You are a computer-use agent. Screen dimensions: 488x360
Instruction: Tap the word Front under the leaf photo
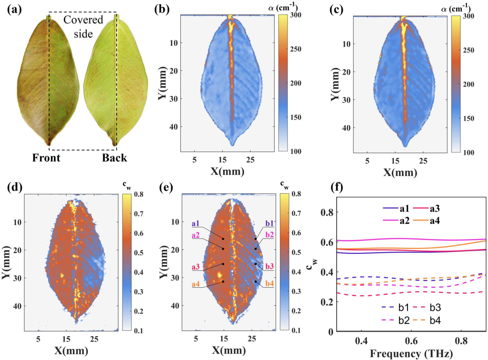tap(46, 158)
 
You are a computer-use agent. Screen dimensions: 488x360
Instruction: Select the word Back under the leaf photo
tap(114, 158)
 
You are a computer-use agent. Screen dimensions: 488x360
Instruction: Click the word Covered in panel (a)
tap(83, 19)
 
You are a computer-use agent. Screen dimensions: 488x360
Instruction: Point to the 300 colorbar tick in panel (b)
tap(296, 14)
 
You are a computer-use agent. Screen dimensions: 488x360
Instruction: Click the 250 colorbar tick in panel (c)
tap(468, 50)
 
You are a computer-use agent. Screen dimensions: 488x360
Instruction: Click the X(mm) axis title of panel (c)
tap(400, 172)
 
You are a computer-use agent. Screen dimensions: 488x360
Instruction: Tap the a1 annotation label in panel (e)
tap(196, 224)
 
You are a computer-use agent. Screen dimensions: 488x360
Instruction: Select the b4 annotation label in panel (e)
tap(269, 284)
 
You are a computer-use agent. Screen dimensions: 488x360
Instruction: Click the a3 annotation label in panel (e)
tap(196, 266)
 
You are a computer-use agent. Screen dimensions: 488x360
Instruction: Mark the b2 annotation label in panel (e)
tap(269, 234)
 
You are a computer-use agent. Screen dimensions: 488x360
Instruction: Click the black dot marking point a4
tap(223, 281)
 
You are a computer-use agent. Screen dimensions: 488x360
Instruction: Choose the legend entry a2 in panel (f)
tap(396, 221)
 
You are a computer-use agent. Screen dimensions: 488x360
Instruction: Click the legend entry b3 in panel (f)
tap(426, 308)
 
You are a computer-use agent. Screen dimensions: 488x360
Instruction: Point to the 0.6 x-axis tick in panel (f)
tap(412, 341)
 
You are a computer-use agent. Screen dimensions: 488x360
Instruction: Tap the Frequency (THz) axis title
tap(411, 354)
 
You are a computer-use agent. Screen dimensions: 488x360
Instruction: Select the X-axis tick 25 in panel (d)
tap(94, 339)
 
